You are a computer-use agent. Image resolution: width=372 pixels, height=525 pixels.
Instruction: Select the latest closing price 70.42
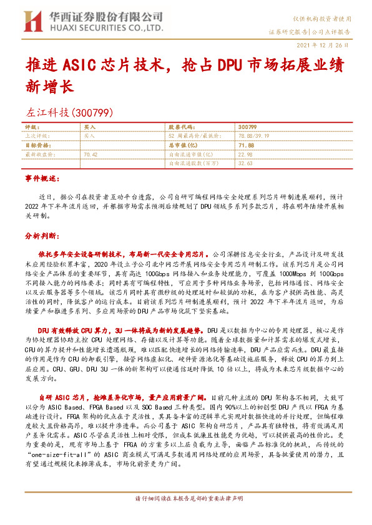point(91,153)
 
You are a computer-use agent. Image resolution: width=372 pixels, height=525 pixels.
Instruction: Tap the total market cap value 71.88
point(246,144)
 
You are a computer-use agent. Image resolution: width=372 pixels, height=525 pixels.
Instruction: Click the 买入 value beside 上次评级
point(89,135)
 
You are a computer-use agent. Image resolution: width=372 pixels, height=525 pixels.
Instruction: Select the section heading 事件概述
point(41,178)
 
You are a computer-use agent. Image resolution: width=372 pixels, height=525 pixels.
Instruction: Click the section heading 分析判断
point(41,237)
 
